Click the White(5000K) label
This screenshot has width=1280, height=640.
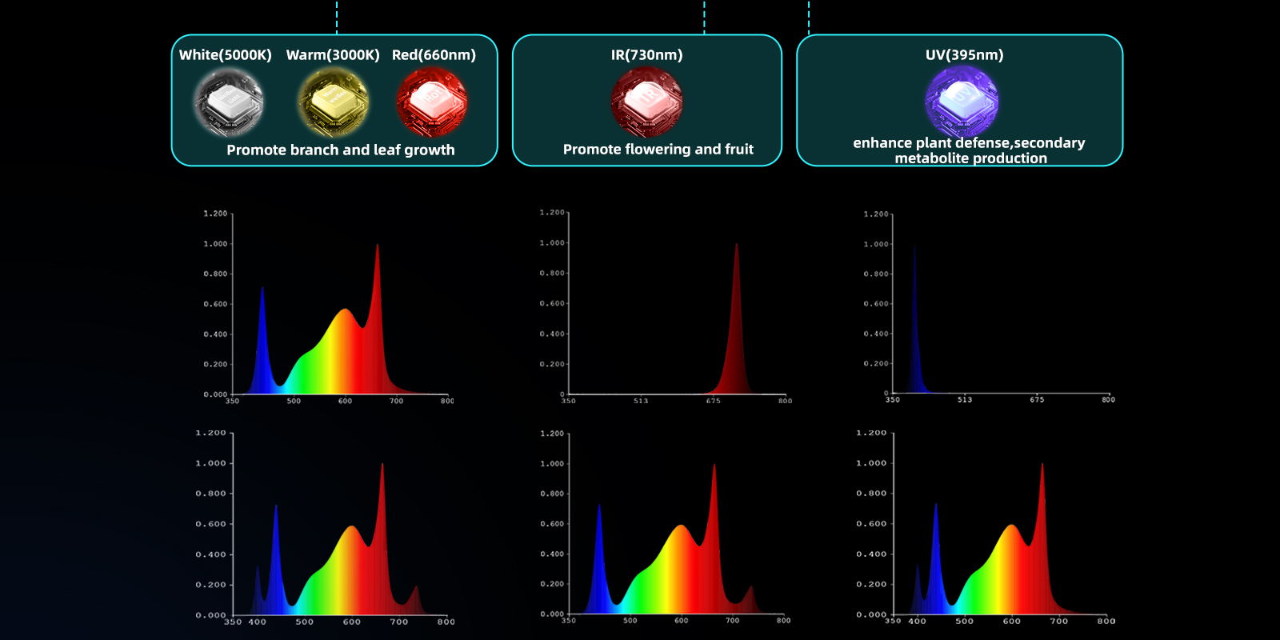[225, 55]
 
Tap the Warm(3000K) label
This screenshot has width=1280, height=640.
[333, 55]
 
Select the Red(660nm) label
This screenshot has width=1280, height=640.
[434, 55]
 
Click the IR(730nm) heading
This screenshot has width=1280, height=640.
[646, 55]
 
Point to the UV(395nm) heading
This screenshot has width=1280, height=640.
[964, 55]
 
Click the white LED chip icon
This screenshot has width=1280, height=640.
[229, 102]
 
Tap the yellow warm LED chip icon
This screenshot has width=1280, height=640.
[334, 102]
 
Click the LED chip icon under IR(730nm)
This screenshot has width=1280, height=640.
[646, 102]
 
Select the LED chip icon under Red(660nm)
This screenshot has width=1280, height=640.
[432, 102]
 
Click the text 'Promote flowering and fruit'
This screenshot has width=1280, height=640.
[658, 150]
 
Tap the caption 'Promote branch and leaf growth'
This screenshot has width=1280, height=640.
[341, 150]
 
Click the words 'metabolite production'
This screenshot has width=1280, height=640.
[970, 158]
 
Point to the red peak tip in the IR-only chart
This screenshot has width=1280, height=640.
[736, 245]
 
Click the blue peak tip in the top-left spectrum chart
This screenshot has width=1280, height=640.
[262, 288]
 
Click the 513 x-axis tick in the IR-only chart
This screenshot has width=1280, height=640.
[641, 401]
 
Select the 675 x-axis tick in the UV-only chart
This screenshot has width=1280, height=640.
[1037, 399]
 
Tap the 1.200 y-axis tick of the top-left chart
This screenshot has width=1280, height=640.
[215, 214]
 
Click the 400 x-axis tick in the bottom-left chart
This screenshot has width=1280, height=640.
[258, 622]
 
